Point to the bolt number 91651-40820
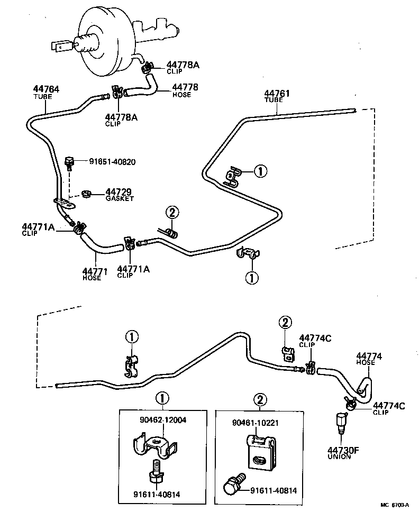(x=112, y=161)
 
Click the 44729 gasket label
(x=117, y=191)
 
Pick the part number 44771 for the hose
(x=95, y=271)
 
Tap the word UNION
(x=339, y=456)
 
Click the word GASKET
(x=120, y=198)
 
